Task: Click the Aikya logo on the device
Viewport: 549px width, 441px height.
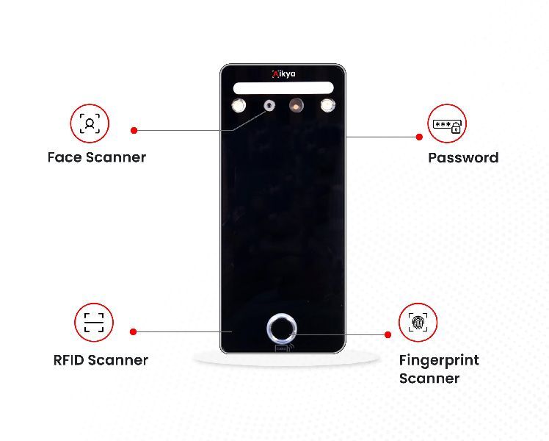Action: [283, 73]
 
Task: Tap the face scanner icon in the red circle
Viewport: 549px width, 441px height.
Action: [90, 123]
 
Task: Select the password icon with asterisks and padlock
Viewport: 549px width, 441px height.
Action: [447, 123]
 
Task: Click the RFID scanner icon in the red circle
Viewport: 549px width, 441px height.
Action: [94, 322]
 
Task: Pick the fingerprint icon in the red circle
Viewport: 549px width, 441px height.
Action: [418, 322]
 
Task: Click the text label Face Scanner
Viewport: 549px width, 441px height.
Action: [96, 157]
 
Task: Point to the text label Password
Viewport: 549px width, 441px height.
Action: [463, 158]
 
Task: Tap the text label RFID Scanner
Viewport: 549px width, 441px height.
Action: [101, 360]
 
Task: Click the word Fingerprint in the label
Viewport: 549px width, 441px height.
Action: [439, 360]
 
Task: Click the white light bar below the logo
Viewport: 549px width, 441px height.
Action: [283, 87]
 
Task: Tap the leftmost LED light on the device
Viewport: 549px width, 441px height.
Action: [239, 107]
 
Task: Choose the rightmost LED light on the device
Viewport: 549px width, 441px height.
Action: [327, 107]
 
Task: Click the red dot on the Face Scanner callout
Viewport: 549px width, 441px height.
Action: [134, 130]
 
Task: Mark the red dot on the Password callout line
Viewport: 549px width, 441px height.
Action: [419, 137]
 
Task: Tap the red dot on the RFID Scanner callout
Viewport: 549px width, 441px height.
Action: [133, 331]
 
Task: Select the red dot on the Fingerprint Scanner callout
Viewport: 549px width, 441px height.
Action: [388, 334]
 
